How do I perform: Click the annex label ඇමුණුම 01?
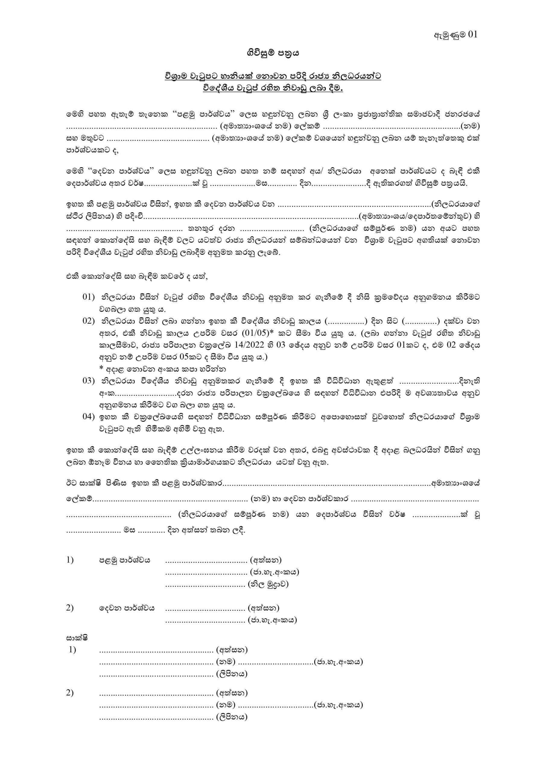coord(456,35)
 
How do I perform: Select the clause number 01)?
coord(89,297)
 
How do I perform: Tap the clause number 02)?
coord(89,321)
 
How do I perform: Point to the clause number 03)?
coord(89,381)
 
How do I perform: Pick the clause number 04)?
coord(89,417)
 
